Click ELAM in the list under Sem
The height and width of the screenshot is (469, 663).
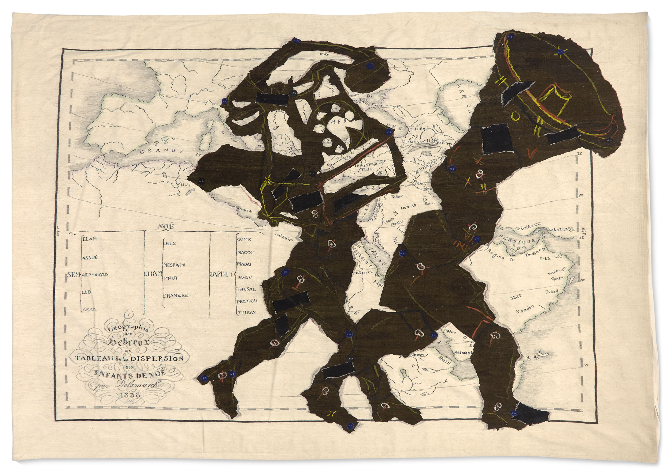pos(90,239)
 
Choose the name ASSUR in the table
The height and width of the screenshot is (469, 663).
pos(90,257)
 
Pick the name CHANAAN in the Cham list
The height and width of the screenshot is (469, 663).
pos(176,296)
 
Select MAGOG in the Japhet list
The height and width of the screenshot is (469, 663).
pos(245,252)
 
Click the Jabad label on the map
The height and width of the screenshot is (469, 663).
pos(551,291)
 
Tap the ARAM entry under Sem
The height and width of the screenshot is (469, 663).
pos(89,309)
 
